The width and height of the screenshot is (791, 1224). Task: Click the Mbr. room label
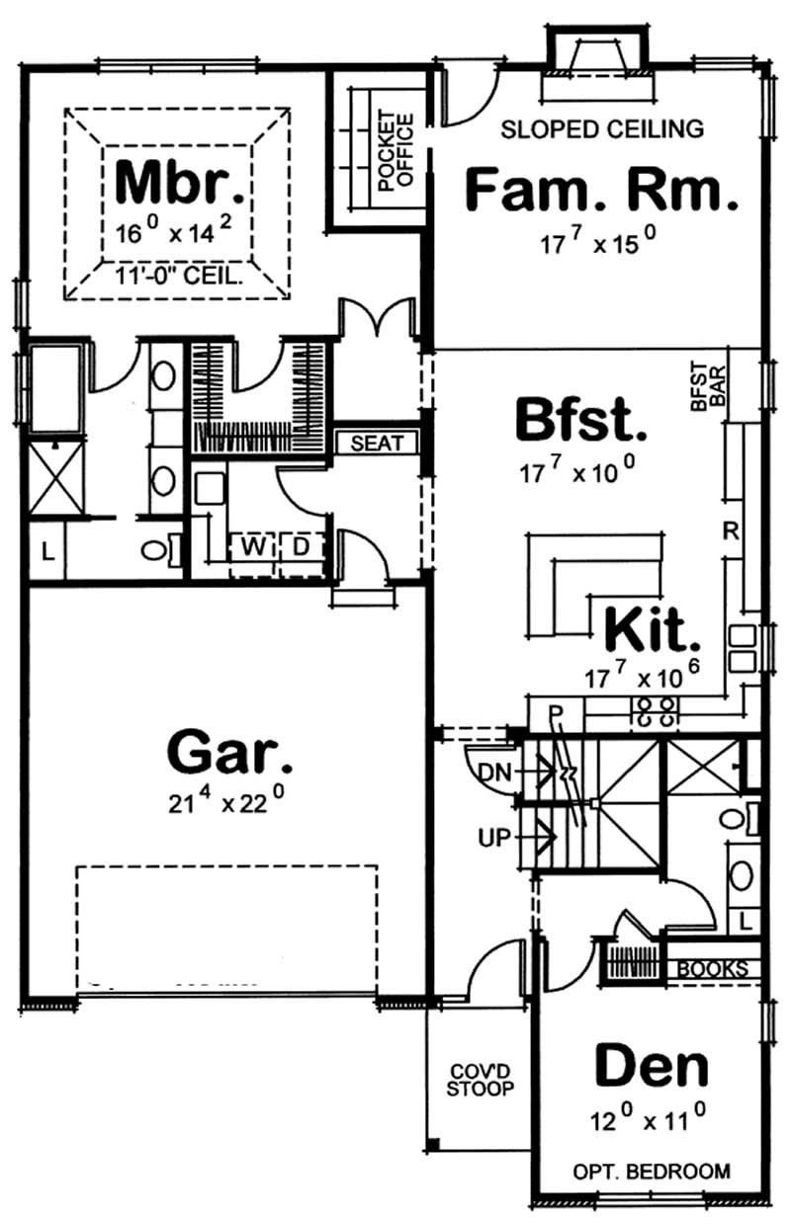(x=178, y=181)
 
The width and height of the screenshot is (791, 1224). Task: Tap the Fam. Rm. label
(x=601, y=190)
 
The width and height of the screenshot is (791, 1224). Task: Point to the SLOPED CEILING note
(x=602, y=128)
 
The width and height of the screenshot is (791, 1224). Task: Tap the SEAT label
(x=378, y=444)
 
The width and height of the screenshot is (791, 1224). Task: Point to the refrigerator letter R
(x=731, y=531)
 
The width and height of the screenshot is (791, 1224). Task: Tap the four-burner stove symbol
(x=655, y=711)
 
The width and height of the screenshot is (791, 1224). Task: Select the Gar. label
(x=230, y=753)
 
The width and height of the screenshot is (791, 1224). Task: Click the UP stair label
(x=494, y=839)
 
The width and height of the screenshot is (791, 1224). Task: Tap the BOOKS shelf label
(x=712, y=969)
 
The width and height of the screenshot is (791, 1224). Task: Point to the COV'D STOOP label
(x=480, y=1080)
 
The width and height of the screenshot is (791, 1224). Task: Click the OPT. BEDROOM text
(x=652, y=1172)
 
